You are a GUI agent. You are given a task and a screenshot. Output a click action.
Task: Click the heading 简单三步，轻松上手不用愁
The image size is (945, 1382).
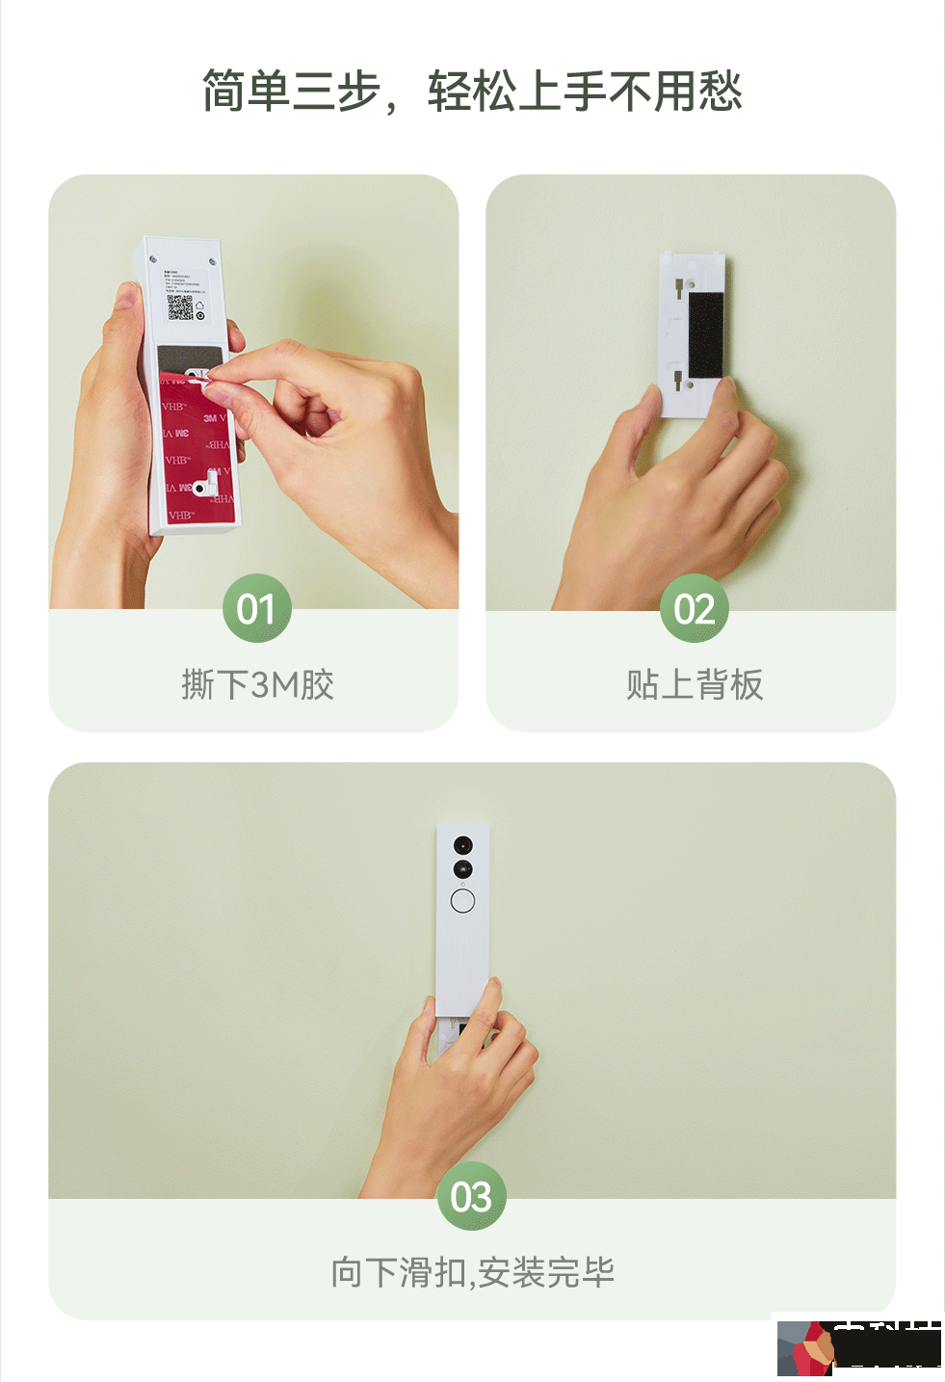pos(472,93)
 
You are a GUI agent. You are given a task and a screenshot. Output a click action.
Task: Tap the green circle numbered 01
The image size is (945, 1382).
pos(256,608)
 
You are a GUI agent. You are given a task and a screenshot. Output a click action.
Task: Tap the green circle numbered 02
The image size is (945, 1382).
pos(694,608)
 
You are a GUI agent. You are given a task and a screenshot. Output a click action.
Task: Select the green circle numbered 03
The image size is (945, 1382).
pos(471,1196)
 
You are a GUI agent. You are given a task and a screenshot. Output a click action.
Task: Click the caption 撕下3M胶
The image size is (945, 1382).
pos(257,685)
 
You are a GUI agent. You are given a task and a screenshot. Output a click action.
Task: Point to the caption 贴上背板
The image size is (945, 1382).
pos(694,685)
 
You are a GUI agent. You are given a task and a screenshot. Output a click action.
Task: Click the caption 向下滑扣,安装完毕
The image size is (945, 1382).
pos(472,1273)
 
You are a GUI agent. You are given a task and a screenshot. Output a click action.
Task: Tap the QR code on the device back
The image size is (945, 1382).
pos(180,307)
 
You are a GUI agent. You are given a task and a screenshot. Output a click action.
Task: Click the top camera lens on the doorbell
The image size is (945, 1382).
pos(463,845)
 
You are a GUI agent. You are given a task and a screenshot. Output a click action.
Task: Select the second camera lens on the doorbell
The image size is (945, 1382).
pos(463,869)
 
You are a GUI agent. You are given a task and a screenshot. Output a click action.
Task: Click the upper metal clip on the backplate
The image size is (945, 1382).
pos(680,285)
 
